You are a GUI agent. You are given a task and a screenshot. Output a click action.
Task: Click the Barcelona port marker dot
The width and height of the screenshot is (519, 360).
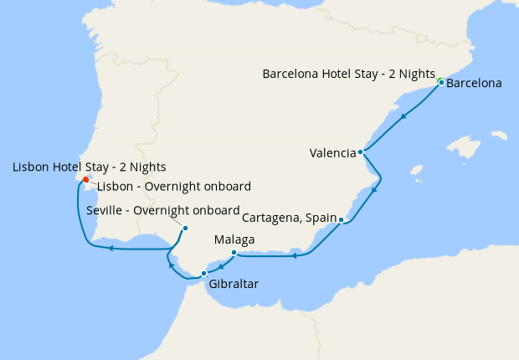(439, 82)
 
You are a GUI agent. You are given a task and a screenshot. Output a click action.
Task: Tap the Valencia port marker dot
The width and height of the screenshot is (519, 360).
(360, 152)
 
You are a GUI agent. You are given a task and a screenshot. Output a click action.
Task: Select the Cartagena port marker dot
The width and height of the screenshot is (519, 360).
(342, 220)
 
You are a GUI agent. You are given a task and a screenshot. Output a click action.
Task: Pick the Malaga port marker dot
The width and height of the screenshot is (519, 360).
(234, 252)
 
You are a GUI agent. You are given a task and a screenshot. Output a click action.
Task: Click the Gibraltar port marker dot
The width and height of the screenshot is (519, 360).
(203, 273)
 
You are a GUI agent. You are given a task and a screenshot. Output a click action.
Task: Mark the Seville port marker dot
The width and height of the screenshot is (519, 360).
(185, 229)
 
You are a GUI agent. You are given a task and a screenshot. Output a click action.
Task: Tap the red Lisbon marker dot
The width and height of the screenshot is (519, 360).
(85, 178)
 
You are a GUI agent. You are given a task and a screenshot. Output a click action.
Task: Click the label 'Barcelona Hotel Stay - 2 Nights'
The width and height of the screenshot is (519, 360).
(348, 74)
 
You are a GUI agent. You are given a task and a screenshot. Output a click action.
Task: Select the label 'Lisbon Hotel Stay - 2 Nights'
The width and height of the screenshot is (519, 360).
(90, 167)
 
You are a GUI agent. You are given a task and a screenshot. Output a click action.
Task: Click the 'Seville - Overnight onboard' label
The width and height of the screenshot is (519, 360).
(163, 210)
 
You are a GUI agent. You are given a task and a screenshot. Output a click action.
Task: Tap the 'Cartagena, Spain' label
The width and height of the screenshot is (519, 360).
(289, 218)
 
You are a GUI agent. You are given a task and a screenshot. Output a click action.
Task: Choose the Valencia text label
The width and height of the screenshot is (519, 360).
(332, 153)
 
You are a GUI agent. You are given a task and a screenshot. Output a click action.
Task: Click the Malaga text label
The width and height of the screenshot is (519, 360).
(234, 239)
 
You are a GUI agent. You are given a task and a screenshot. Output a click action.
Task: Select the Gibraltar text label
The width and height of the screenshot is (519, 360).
(234, 284)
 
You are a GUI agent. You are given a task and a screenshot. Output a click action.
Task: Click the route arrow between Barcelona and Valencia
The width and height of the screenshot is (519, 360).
(403, 116)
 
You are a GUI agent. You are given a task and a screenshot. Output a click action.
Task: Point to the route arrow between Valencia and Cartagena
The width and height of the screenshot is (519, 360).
(373, 189)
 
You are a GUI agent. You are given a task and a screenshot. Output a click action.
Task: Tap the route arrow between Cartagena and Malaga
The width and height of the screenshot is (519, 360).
(295, 255)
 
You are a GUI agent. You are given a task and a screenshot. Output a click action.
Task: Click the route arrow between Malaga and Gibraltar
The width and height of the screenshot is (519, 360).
(219, 266)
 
